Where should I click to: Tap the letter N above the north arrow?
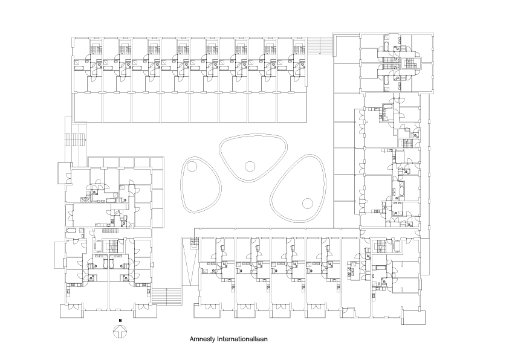tap(120, 320)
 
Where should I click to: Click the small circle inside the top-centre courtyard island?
tap(249, 166)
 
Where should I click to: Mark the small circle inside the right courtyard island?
tap(306, 203)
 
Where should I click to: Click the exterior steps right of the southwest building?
tap(167, 296)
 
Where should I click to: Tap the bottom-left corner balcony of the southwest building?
tap(71, 311)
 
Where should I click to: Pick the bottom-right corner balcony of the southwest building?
tap(145, 311)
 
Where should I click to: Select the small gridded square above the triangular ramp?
tap(193, 242)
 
